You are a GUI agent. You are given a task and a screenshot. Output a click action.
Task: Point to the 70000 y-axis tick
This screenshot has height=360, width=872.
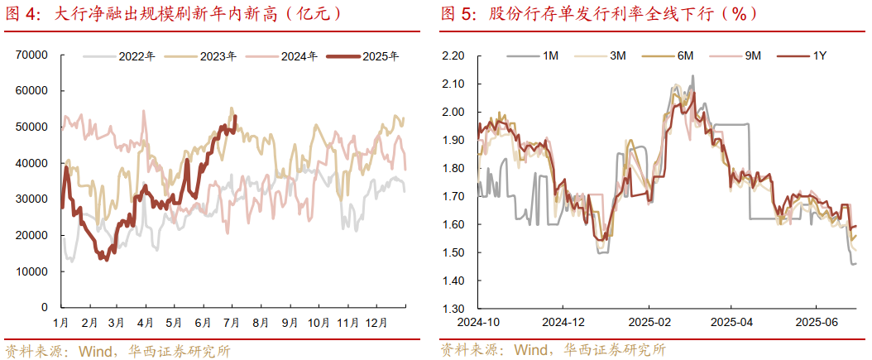(31, 55)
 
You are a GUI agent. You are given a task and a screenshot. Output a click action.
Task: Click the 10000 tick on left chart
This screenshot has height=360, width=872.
(31, 271)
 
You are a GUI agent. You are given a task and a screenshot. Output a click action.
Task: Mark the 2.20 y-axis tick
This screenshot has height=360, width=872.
(454, 55)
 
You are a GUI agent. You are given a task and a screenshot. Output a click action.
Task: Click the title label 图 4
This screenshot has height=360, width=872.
(23, 14)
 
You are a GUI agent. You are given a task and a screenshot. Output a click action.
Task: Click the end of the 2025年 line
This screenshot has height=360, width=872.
(236, 116)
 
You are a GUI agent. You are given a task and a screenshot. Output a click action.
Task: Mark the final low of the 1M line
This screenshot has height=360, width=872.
(855, 263)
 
